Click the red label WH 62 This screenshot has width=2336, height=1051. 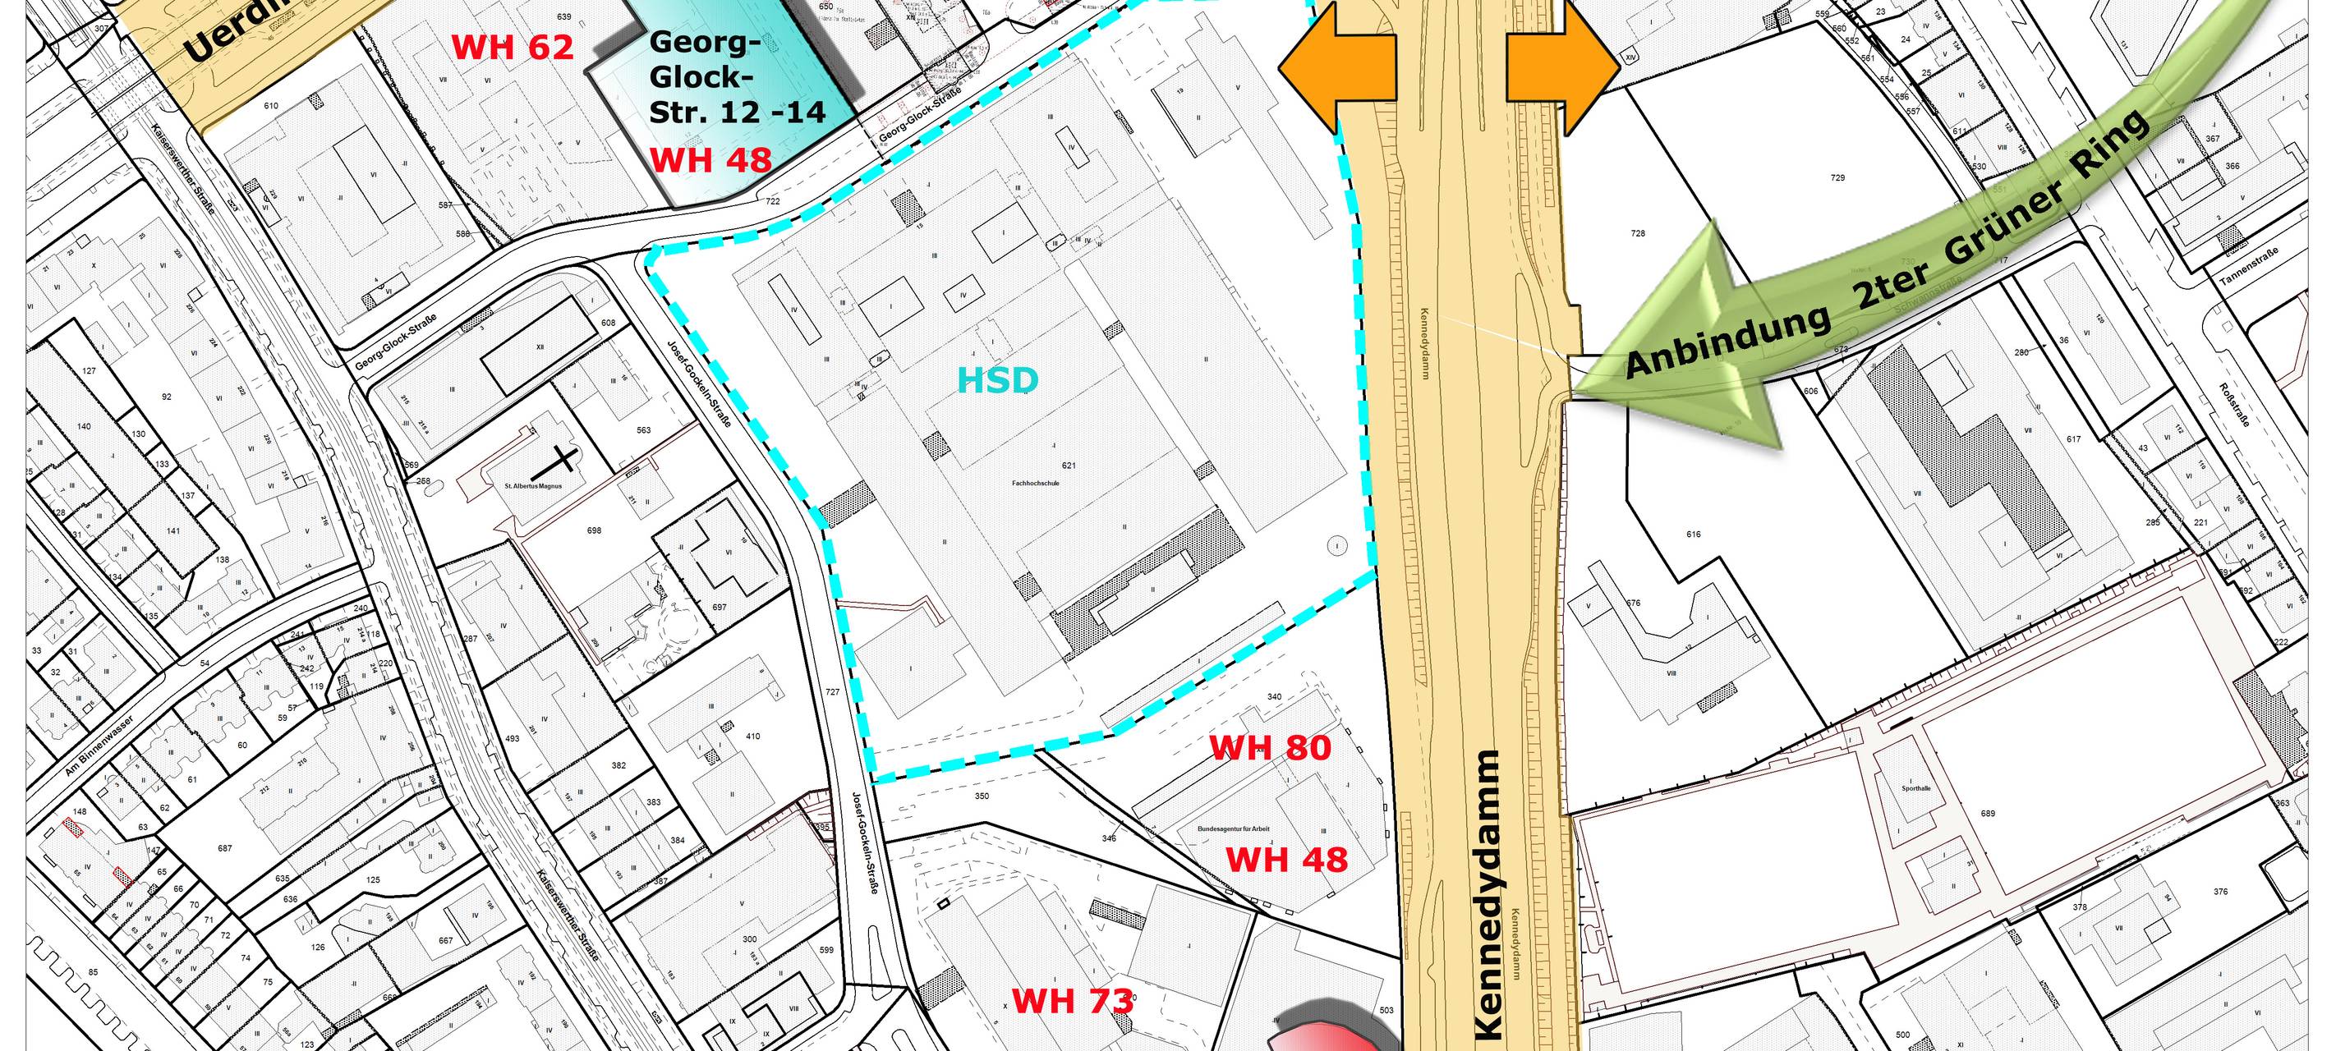point(513,47)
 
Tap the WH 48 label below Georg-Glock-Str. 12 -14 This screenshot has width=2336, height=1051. point(711,160)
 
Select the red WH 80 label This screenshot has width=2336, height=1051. point(1271,747)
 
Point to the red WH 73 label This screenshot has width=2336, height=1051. point(1073,1000)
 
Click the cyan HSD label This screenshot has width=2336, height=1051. point(997,381)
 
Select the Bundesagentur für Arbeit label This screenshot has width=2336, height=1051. point(1233,828)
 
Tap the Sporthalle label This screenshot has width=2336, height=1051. point(1916,788)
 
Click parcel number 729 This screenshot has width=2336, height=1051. point(1837,177)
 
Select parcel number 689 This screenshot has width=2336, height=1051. point(1988,814)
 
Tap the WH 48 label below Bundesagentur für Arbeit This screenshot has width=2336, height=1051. point(1287,859)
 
